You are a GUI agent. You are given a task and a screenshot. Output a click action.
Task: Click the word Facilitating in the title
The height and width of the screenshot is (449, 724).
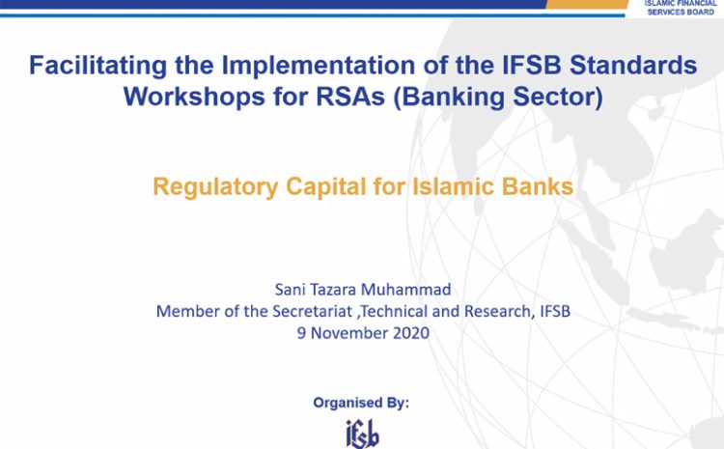tap(97, 66)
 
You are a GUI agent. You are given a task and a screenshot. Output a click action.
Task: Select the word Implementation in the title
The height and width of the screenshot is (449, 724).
tap(319, 65)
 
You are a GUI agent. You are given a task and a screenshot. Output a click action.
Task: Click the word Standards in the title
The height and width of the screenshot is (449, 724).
tap(633, 65)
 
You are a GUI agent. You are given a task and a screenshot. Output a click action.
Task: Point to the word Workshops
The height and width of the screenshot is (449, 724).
tap(194, 97)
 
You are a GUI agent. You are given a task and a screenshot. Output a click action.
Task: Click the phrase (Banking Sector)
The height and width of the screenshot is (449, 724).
tap(498, 98)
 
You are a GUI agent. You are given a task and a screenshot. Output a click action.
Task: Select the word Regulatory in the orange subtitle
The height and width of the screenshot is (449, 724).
tap(215, 187)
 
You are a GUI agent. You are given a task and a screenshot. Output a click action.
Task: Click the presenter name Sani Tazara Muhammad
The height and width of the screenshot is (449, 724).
tap(363, 290)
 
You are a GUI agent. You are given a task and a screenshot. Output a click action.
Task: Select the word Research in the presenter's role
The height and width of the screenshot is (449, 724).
tap(497, 312)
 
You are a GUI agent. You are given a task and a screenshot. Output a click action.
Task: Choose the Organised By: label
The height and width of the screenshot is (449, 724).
tap(361, 404)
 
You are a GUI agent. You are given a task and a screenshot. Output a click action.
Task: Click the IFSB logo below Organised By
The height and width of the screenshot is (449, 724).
tap(362, 434)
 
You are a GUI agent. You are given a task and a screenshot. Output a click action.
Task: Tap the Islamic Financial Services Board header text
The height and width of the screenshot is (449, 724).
tap(681, 8)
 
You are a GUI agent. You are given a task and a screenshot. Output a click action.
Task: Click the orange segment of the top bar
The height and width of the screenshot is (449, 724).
tap(586, 4)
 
